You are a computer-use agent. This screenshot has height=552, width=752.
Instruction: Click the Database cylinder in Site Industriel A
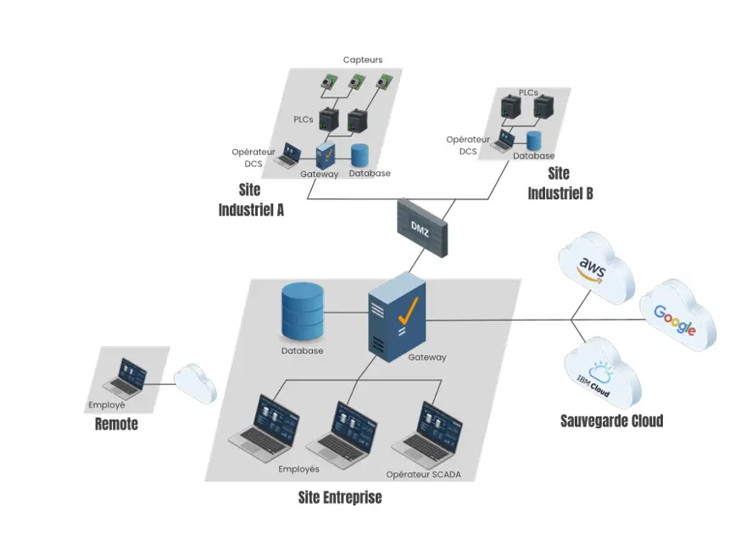(360, 155)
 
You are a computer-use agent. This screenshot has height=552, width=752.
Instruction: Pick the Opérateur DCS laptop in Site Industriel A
(288, 154)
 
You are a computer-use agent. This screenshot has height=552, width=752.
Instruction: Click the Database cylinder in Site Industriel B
(534, 141)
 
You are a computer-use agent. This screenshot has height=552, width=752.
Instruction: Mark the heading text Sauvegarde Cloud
(611, 421)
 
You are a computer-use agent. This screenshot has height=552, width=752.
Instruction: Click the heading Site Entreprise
(340, 497)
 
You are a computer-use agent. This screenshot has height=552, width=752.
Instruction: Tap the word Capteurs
(363, 60)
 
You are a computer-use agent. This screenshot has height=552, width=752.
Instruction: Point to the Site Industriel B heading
(560, 183)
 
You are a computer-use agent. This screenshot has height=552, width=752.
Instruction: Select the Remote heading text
(116, 424)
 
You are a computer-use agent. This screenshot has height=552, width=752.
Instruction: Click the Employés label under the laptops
(298, 469)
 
